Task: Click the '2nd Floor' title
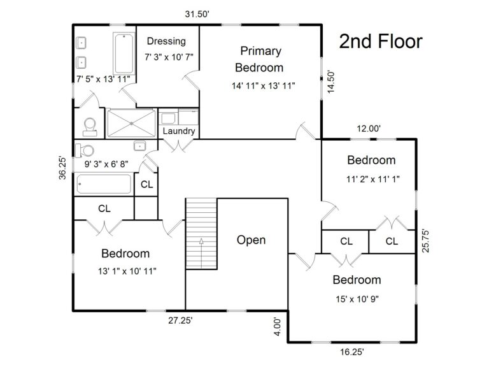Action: point(380,42)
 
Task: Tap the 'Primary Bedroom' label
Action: point(260,59)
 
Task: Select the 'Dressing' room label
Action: point(166,41)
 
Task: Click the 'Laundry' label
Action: point(179,131)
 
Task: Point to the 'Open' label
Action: point(251,240)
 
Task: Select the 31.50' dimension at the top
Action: point(197,13)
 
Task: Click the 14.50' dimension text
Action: point(330,82)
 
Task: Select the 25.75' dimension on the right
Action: point(423,241)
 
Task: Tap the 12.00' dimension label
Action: point(369,129)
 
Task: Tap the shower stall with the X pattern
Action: point(131,122)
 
